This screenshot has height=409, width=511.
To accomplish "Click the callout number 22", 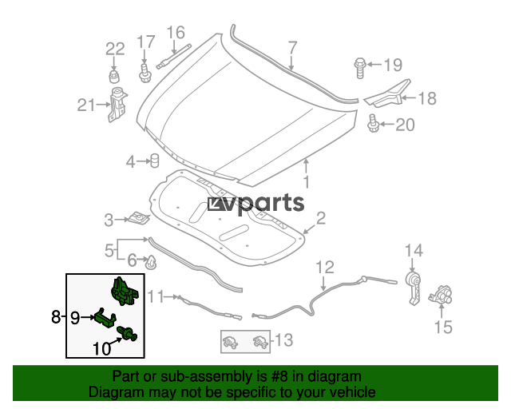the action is coord(115,50).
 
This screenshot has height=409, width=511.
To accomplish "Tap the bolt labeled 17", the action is coord(144,73).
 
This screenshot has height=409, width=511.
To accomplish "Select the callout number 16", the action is coord(176,33).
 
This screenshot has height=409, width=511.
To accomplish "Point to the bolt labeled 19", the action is coord(360,68).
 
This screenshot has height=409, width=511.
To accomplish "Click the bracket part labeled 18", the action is coord(388,94).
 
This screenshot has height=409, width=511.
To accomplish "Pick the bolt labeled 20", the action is coord(373,123).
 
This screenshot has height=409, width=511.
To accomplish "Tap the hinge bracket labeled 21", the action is coord(117,105).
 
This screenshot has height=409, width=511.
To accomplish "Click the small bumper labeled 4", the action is coord(154,161).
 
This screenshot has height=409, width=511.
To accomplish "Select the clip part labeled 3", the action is coord(139,218).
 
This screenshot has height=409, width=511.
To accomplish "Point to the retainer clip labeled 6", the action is coord(152,262).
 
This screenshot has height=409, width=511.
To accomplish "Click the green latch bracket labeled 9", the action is coord(105,318).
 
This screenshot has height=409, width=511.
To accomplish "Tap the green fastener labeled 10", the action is coord(127,334).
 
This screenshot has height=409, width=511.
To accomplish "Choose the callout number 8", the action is coord(56,316).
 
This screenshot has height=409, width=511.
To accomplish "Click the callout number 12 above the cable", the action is coord(325,268).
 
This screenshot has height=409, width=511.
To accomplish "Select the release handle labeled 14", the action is coord(413,288).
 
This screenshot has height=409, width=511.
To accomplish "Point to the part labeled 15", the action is coord(440,295).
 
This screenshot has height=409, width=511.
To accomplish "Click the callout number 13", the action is coord(284,340).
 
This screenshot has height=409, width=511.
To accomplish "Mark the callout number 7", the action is coord(293,48).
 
